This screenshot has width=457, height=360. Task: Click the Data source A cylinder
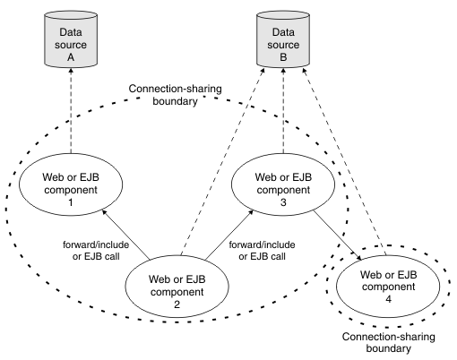[x=71, y=39]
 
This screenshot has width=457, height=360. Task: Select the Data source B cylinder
[x=283, y=39]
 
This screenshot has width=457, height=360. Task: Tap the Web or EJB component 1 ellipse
[x=71, y=184]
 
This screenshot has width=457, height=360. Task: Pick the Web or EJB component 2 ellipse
[x=177, y=287]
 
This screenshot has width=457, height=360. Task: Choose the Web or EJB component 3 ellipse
[x=283, y=184]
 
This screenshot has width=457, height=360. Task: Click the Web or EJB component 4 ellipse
[x=388, y=287]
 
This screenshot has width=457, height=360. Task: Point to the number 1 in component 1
[x=71, y=202]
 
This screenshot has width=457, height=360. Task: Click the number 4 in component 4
[x=388, y=299]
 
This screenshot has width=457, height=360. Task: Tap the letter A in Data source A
[x=71, y=57]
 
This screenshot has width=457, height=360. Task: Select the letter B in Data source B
[x=283, y=57]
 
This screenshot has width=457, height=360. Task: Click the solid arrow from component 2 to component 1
[x=125, y=235]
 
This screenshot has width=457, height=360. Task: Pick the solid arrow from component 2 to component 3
[x=229, y=235]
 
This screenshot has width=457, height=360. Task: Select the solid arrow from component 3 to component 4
[x=338, y=235]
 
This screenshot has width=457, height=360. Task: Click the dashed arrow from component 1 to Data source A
[x=71, y=111]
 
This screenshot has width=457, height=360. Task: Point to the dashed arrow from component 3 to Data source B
[x=283, y=111]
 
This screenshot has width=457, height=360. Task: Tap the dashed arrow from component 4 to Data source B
[x=344, y=161]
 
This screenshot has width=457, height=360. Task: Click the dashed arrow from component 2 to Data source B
[x=223, y=162]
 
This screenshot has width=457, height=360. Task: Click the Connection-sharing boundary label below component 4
[x=388, y=342]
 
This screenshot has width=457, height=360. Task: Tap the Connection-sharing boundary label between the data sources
[x=175, y=95]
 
